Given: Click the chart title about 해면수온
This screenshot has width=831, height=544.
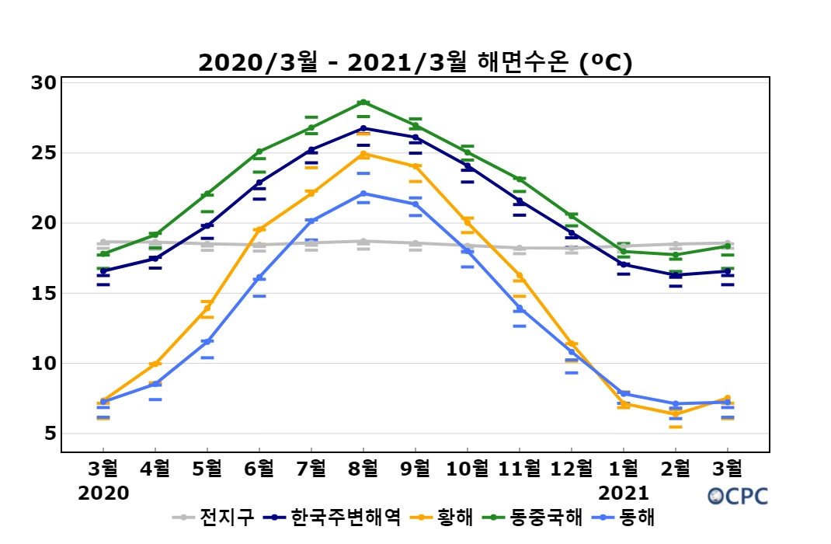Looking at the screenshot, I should [x=415, y=62].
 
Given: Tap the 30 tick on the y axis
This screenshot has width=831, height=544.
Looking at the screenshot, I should [x=44, y=82].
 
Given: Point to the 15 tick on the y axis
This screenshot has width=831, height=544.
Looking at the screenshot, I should [x=44, y=293].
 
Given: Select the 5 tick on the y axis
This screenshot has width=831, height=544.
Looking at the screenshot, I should [x=49, y=433].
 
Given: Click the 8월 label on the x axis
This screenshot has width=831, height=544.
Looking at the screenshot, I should [x=363, y=468].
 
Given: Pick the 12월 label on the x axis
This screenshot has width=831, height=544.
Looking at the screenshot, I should [x=571, y=468].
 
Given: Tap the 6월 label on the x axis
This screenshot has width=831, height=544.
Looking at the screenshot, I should [x=259, y=468].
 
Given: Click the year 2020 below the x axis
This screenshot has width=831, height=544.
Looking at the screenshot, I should [x=103, y=493].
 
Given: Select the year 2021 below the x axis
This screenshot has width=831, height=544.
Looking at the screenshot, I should [x=624, y=493].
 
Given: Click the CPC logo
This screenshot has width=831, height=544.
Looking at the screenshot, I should [x=738, y=496].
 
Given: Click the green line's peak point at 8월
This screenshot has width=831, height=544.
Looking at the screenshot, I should [x=363, y=102].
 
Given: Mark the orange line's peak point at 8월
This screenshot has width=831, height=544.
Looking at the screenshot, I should [x=363, y=154].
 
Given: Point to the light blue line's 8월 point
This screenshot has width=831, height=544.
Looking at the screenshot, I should [x=363, y=194].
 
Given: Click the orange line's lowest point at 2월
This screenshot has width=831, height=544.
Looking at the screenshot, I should [x=675, y=414].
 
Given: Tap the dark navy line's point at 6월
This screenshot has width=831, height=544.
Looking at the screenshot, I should [x=259, y=183].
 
